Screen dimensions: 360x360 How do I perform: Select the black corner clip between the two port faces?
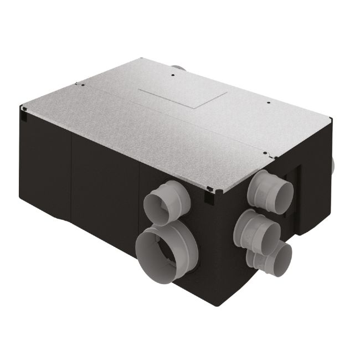click(x=209, y=193)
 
